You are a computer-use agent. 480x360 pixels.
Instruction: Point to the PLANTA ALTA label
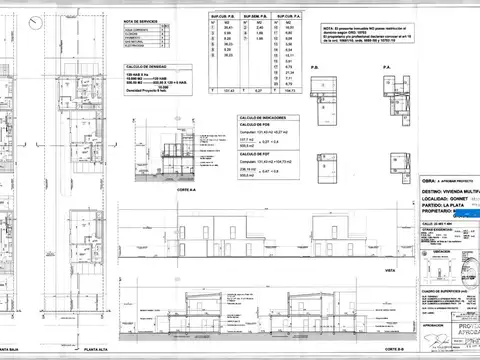pos(97,349)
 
